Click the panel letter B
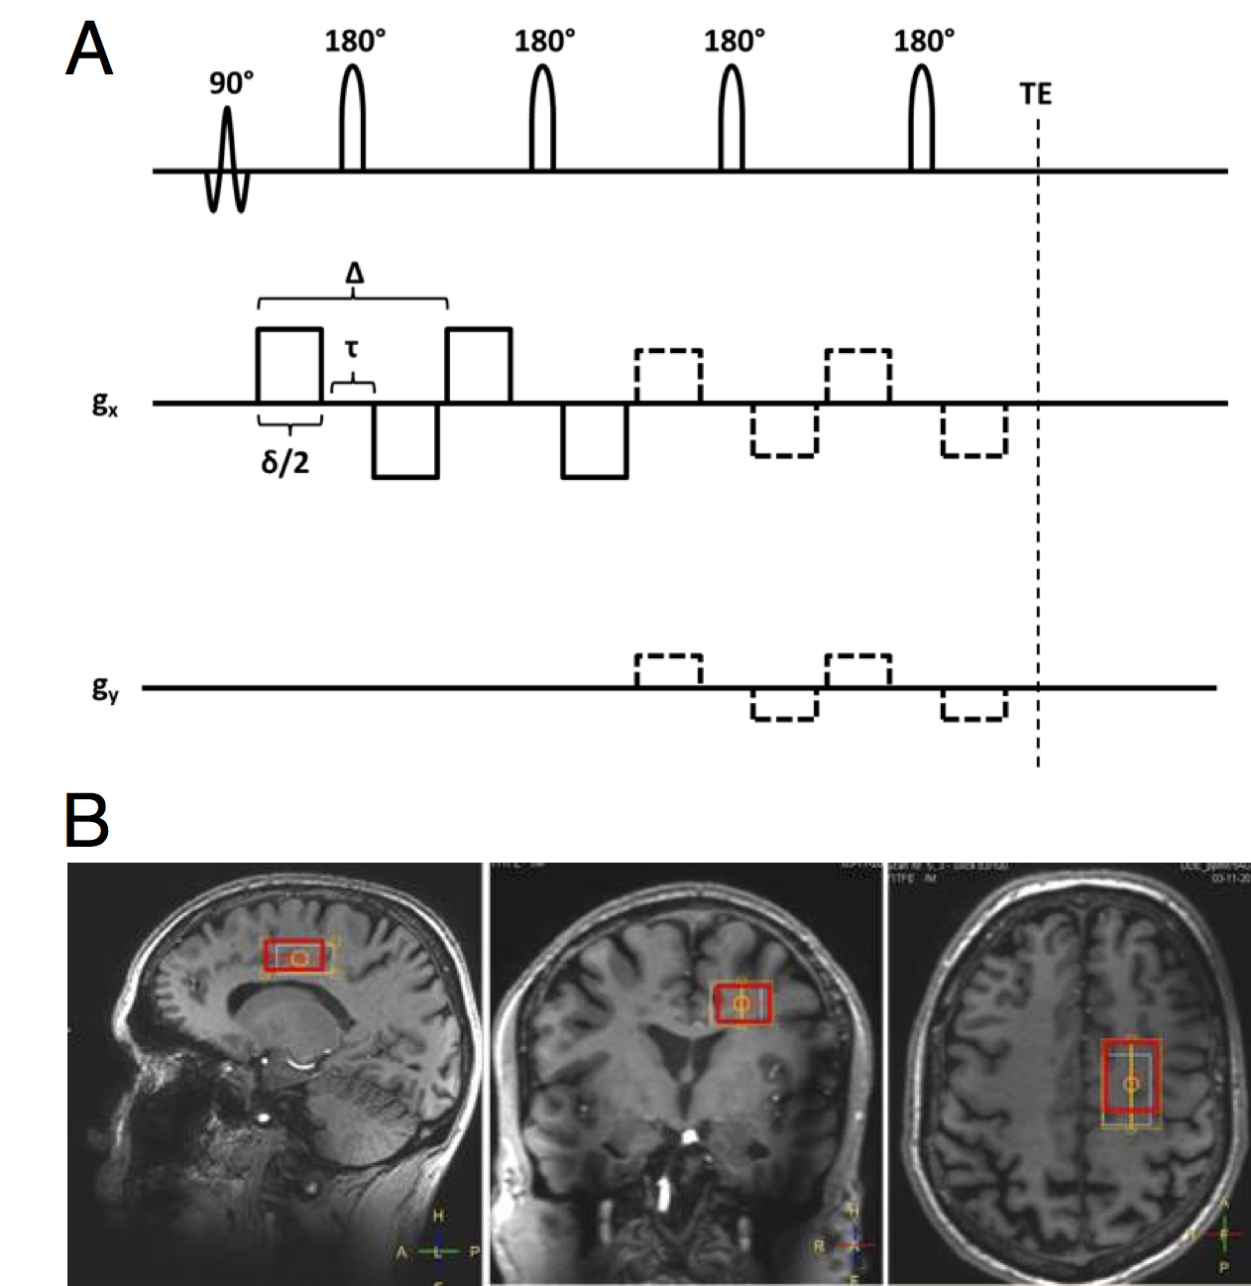pyautogui.click(x=86, y=820)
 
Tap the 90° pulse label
pyautogui.click(x=231, y=84)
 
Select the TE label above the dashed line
pyautogui.click(x=1035, y=94)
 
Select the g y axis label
pyautogui.click(x=105, y=689)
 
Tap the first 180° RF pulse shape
pyautogui.click(x=353, y=118)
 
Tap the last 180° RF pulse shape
pyautogui.click(x=922, y=118)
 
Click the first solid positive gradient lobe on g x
pyautogui.click(x=289, y=365)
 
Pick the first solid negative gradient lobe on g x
pyautogui.click(x=405, y=440)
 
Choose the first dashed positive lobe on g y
pyautogui.click(x=668, y=670)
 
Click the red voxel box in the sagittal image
pyautogui.click(x=294, y=956)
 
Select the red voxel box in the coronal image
pyautogui.click(x=742, y=1004)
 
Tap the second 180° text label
pyautogui.click(x=544, y=42)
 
